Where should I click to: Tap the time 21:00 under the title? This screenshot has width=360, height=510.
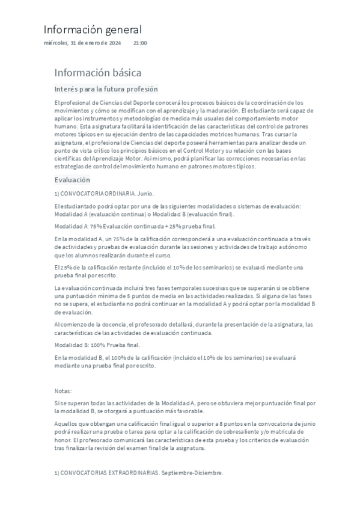140,43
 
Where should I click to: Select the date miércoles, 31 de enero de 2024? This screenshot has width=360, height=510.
83,43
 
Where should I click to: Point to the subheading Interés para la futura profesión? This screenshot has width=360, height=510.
106,89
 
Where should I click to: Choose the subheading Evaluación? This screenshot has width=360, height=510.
72,180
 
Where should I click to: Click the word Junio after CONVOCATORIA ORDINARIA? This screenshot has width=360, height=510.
146,194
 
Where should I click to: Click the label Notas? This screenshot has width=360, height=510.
63,390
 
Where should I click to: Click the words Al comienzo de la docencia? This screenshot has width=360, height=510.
91,325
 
